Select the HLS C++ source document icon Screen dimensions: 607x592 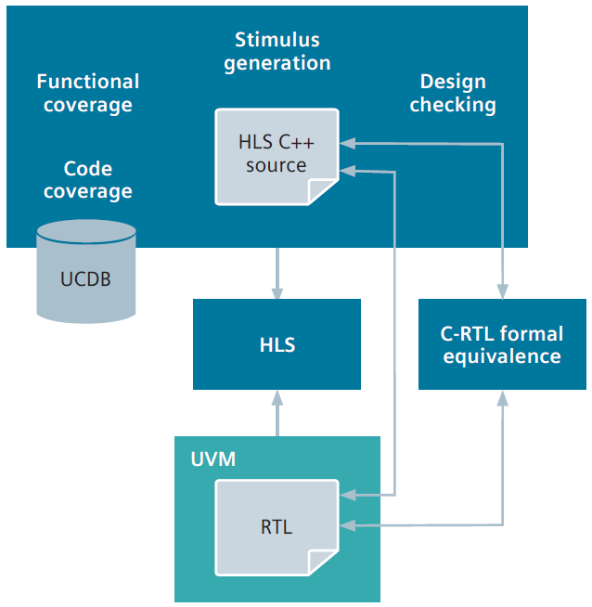pos(276,156)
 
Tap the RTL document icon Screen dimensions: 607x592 pos(276,526)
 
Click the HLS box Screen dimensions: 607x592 pos(277,344)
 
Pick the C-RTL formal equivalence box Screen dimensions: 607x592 pos(502,344)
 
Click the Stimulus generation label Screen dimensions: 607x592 pos(277,51)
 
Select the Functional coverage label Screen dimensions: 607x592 pos(87,93)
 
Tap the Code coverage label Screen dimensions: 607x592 pos(87,180)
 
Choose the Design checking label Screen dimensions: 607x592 pos(453,93)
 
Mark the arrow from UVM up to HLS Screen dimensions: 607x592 pos(277,412)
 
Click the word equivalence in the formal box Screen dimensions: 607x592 pos(502,356)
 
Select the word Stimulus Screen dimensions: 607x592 pos(277,40)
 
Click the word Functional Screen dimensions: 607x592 pos(87,82)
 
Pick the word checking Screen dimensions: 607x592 pos(453,105)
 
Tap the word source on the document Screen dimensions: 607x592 pos(276,166)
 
